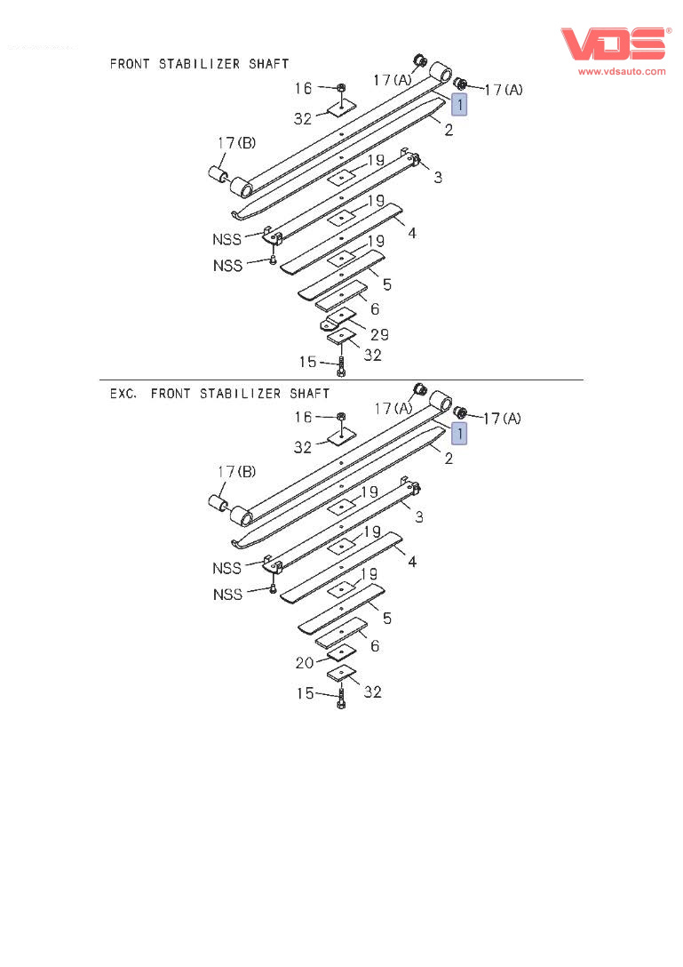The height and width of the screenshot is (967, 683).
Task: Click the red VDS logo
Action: tap(614, 44)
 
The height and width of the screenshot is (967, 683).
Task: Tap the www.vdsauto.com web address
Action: tap(622, 71)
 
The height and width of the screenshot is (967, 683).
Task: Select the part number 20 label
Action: tap(304, 662)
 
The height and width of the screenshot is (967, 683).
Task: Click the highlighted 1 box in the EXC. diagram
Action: tap(458, 434)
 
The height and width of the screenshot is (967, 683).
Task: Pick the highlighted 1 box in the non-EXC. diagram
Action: tap(458, 105)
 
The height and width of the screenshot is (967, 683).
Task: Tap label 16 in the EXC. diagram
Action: tap(303, 417)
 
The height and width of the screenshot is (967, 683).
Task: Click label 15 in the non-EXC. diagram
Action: tap(307, 362)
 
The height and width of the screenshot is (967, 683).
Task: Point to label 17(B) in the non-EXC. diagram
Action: tap(237, 143)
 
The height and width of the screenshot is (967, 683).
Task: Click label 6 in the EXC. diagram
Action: tap(375, 646)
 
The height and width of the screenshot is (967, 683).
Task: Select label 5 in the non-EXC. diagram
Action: tap(387, 285)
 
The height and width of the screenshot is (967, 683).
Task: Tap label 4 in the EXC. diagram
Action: tap(412, 563)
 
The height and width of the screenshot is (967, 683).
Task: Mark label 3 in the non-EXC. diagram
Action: tap(438, 178)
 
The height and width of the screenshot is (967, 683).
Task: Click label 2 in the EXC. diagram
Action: tap(449, 459)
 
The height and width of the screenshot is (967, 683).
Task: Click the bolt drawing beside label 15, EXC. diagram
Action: tap(341, 699)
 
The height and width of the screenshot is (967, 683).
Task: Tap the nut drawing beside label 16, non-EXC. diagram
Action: tap(342, 88)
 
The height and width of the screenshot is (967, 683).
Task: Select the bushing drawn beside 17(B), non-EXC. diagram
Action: tap(220, 172)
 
